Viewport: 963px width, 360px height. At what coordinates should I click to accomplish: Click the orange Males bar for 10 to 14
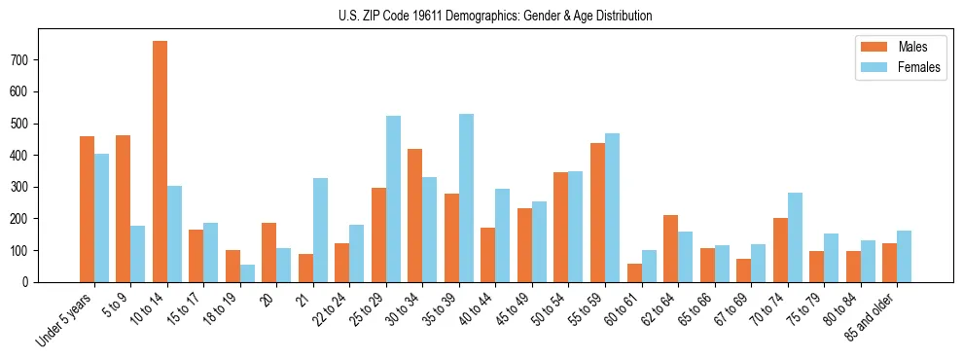point(160,162)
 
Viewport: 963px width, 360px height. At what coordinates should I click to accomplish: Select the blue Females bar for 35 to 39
point(466,198)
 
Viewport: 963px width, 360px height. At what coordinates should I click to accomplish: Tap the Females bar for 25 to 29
point(393,199)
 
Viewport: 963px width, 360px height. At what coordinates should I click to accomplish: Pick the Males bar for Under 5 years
point(87,209)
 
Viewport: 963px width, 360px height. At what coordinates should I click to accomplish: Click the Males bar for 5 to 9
point(124,209)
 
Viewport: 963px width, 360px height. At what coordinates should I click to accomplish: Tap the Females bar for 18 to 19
point(247,273)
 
